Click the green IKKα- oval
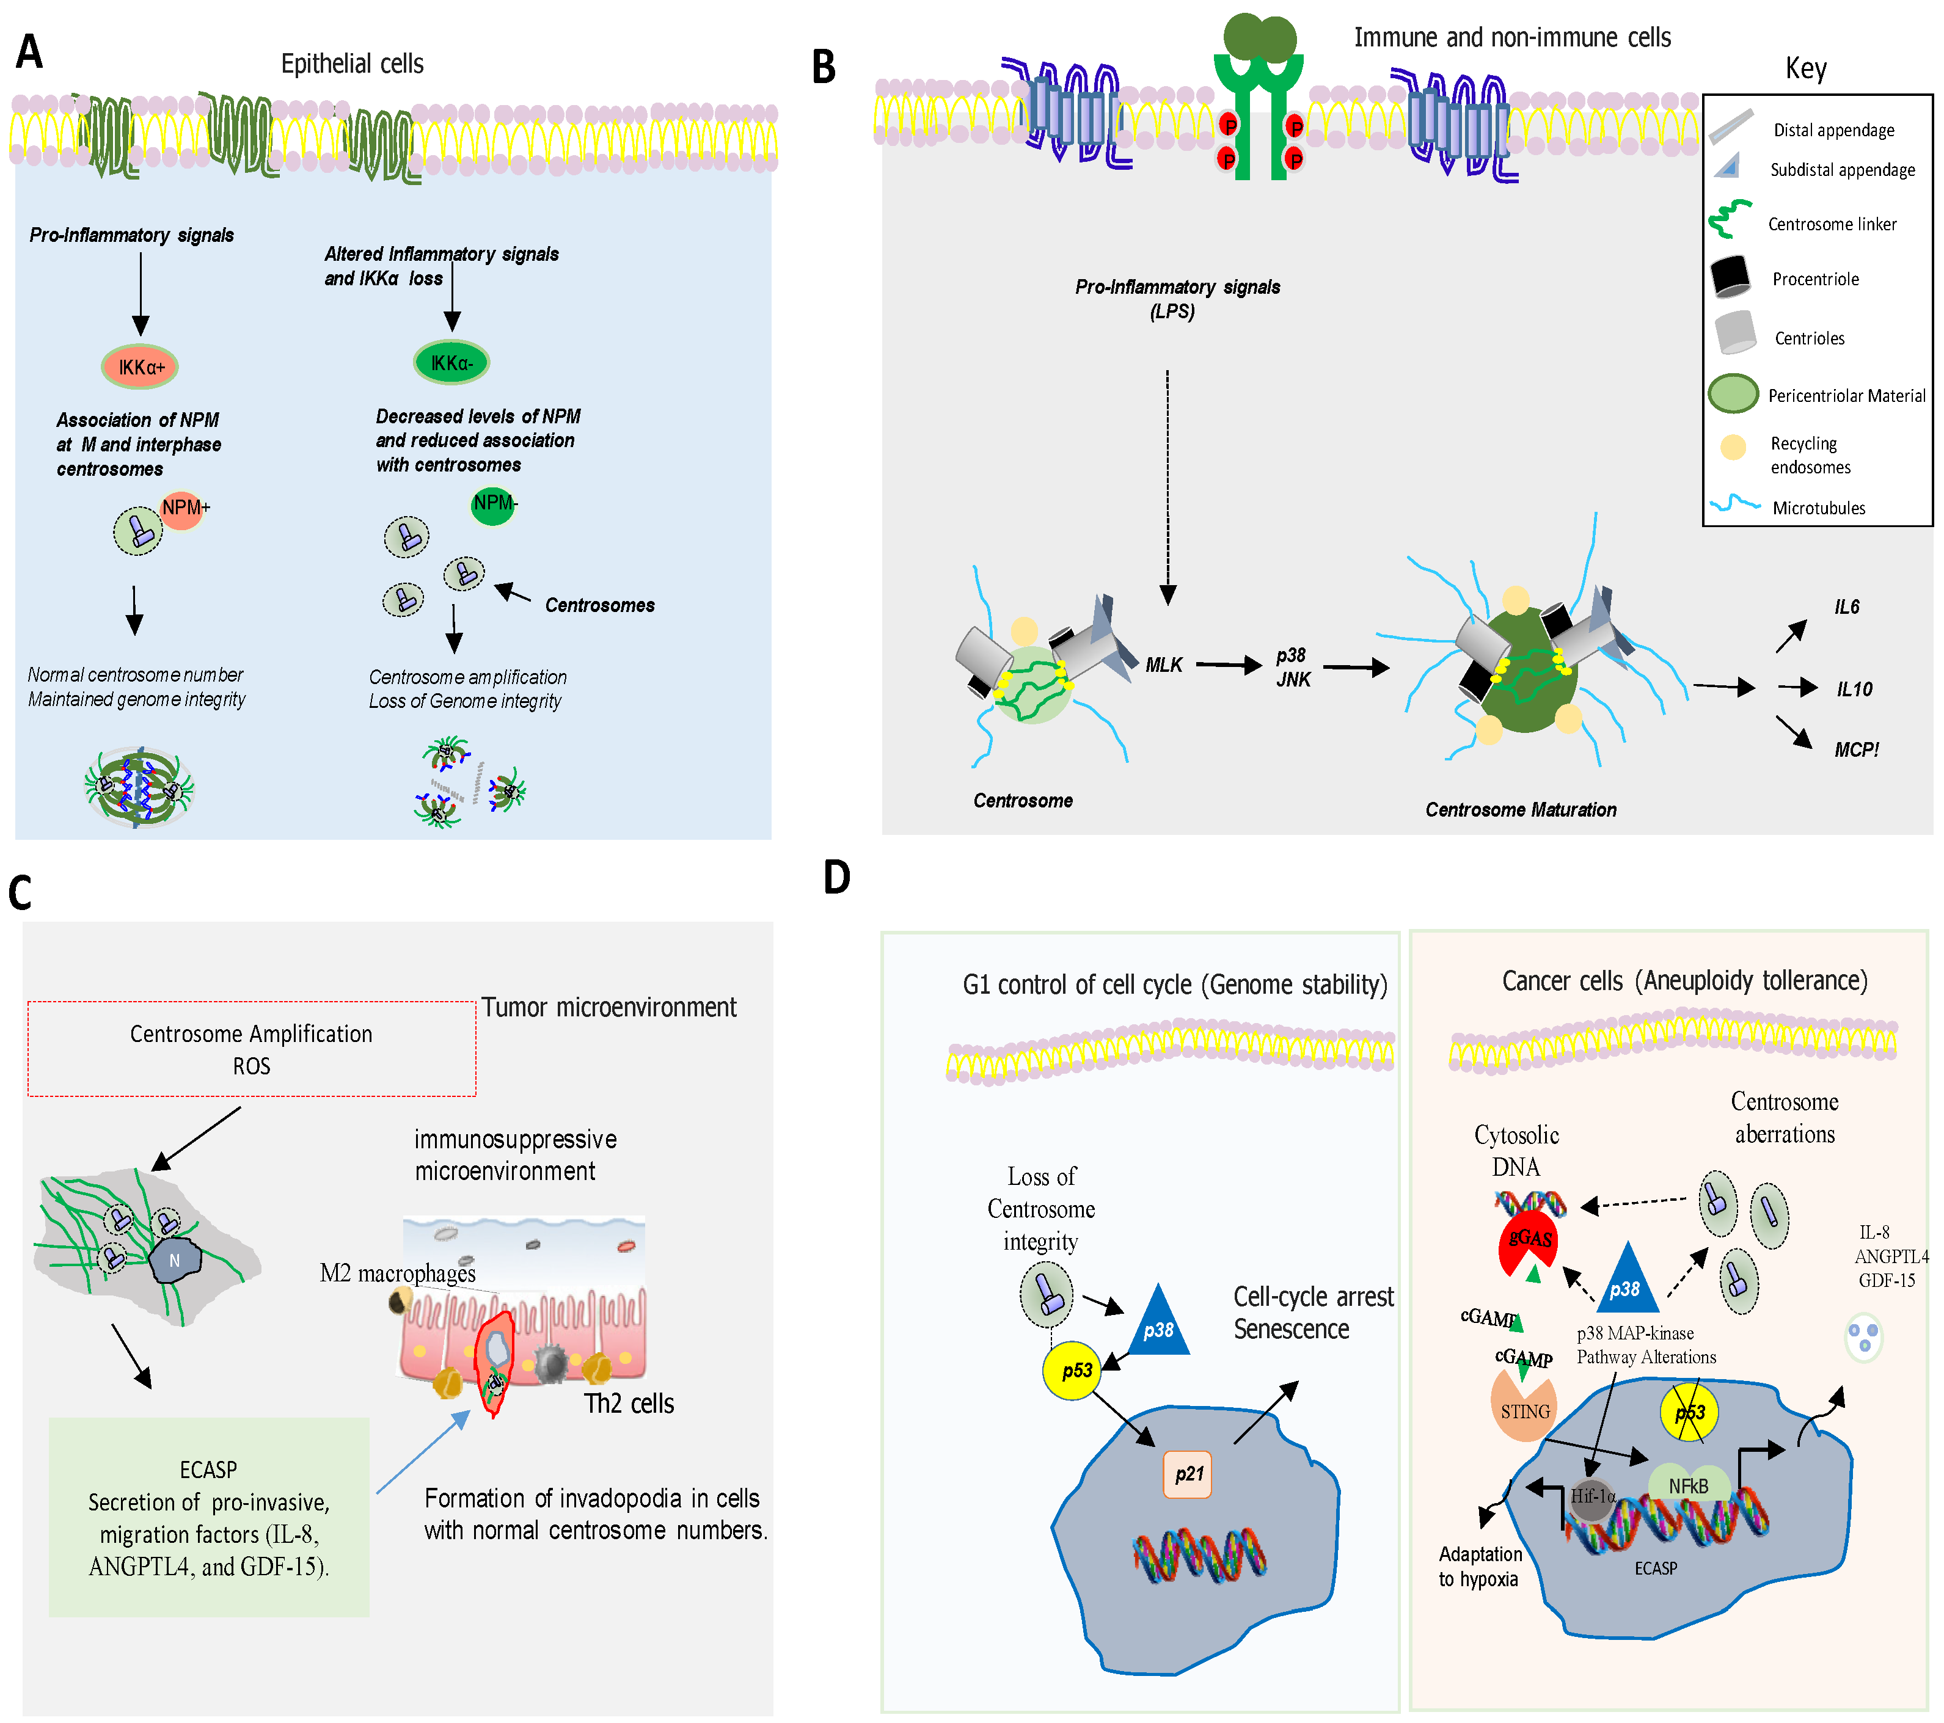tap(451, 362)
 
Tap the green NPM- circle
tap(492, 504)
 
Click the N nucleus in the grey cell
tap(175, 1260)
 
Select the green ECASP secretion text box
tap(208, 1517)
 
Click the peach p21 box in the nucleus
tap(1187, 1474)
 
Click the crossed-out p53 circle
tap(1689, 1412)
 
